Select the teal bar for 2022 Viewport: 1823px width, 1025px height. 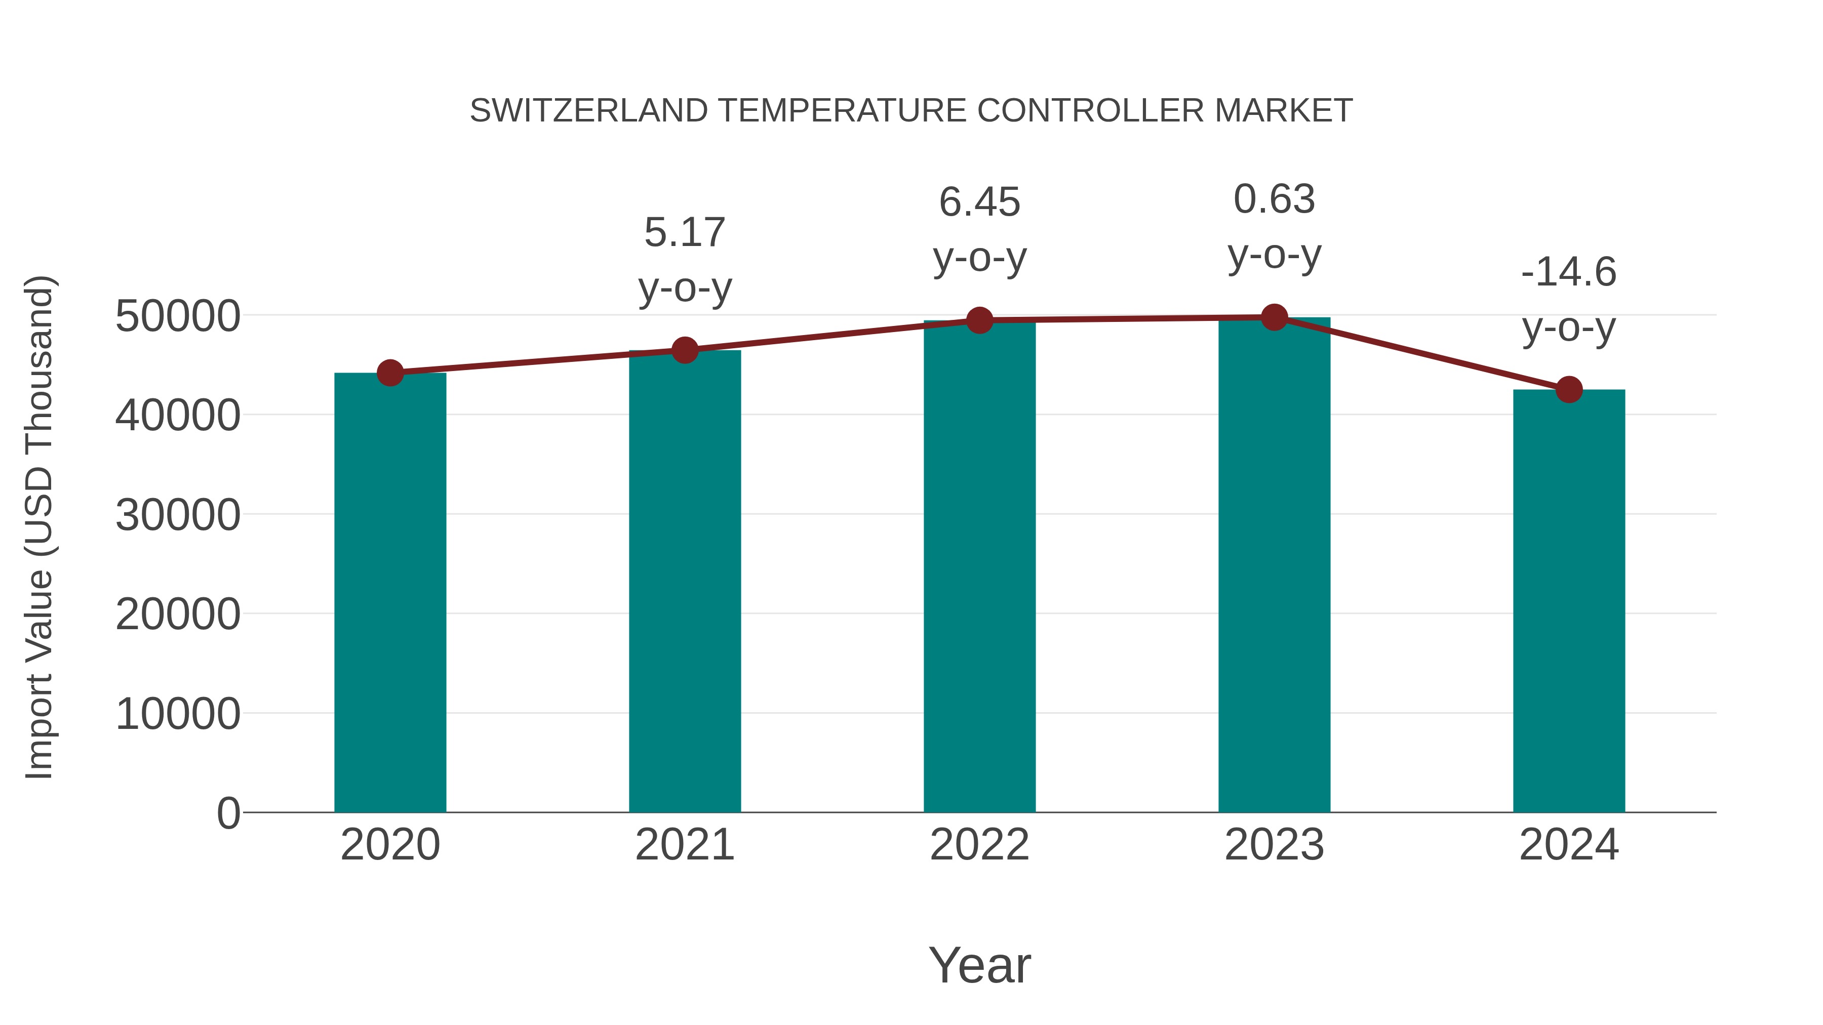point(979,566)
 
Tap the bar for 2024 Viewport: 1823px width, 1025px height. point(1569,601)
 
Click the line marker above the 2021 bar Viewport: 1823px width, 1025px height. point(684,350)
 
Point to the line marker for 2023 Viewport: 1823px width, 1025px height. point(1274,317)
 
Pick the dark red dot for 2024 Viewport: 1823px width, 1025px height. point(1569,389)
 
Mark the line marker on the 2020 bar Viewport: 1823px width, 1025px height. point(390,373)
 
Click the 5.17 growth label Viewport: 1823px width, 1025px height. point(684,233)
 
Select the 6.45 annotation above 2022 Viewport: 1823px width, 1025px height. point(979,202)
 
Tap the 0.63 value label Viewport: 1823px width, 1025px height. point(1274,199)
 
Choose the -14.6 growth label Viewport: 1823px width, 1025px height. point(1569,272)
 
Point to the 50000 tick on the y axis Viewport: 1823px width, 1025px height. point(178,316)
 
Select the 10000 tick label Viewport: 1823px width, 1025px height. point(178,714)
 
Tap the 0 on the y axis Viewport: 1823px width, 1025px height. point(228,813)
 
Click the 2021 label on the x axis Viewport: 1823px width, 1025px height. point(684,845)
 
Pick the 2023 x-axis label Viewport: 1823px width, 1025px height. point(1274,845)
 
